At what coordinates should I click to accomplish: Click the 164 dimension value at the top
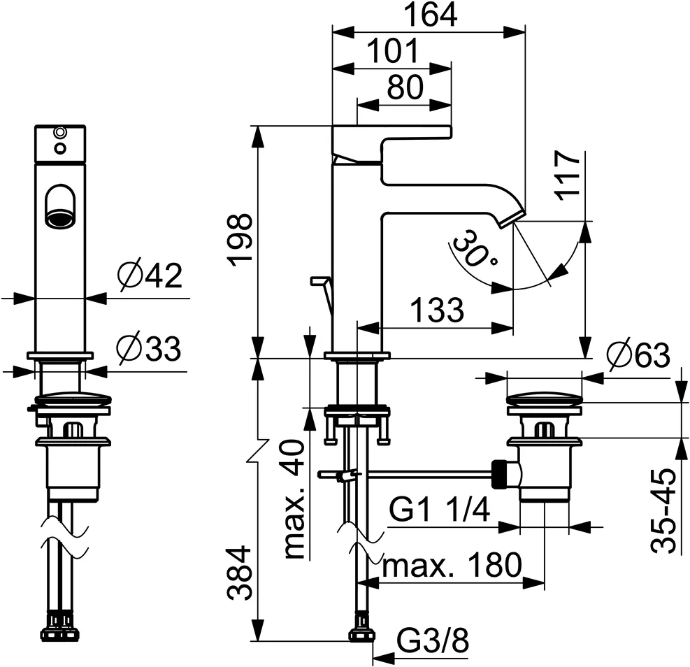tap(429, 15)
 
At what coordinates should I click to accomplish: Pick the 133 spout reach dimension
tap(437, 310)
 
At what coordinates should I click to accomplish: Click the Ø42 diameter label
tap(150, 277)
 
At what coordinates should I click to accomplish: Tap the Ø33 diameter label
tap(150, 347)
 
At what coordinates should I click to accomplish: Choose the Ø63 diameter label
tap(638, 357)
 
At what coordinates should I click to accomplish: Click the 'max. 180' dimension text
tap(452, 565)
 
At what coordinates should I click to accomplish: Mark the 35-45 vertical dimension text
tap(663, 510)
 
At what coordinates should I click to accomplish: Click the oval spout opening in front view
tap(60, 208)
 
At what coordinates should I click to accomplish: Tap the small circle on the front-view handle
tap(60, 131)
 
